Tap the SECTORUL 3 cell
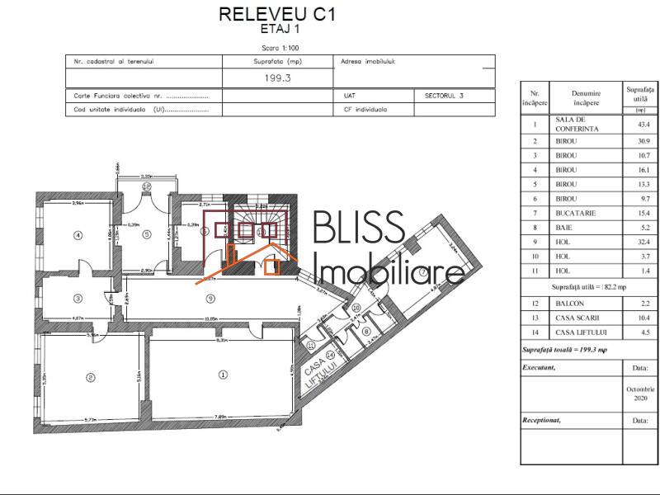click(444, 96)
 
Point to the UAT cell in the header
click(349, 96)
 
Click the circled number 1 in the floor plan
click(222, 374)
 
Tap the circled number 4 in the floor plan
click(78, 235)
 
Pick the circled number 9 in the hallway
click(210, 298)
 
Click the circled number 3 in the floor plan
click(77, 299)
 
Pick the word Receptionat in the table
click(541, 420)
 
